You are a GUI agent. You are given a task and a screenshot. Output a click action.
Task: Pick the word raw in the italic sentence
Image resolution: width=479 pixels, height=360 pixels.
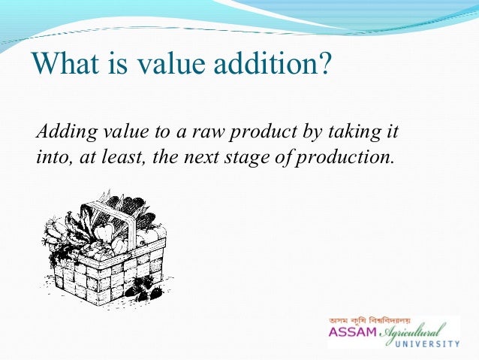coord(206,135)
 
